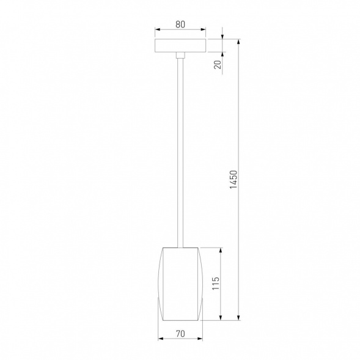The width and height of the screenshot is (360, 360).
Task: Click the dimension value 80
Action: [x=180, y=25]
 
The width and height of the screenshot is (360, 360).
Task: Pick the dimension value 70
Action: [x=180, y=334]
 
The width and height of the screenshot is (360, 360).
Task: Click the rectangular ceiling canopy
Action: [x=180, y=46]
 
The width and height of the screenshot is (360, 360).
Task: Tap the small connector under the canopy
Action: [x=180, y=56]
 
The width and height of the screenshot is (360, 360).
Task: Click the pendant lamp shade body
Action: [x=180, y=284]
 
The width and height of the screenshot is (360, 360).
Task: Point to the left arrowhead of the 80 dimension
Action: [x=156, y=31]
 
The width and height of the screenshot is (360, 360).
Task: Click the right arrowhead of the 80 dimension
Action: [x=204, y=31]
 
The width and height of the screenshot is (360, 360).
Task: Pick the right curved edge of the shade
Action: [x=202, y=284]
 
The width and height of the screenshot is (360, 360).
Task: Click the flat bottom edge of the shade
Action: [x=180, y=319]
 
